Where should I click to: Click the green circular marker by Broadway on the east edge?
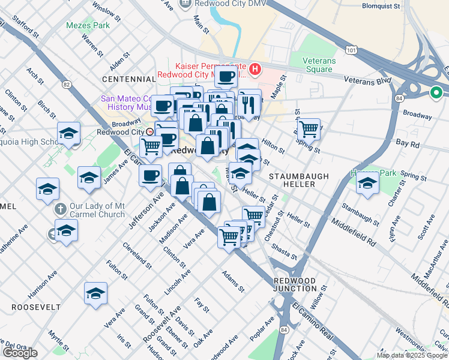click(x=436, y=93)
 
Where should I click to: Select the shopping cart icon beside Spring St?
click(x=309, y=128)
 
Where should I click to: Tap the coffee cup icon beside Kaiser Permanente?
click(x=226, y=77)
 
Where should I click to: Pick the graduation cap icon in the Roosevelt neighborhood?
click(x=95, y=293)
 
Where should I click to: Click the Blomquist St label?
click(x=385, y=7)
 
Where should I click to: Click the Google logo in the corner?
click(x=20, y=353)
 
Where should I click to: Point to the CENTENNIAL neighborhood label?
click(x=129, y=79)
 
